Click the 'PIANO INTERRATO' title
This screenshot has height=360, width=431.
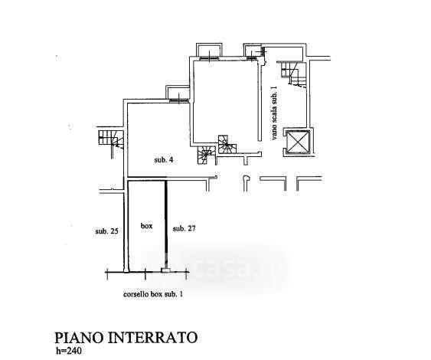click(126, 338)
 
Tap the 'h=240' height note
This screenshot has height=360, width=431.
click(69, 352)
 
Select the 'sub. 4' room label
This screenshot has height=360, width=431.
click(164, 160)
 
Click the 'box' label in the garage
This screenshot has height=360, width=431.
click(146, 226)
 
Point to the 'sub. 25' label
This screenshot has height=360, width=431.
click(107, 231)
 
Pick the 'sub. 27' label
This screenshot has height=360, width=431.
click(184, 228)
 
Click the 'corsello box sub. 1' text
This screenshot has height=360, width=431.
click(153, 294)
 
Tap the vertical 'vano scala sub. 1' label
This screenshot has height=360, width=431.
click(274, 113)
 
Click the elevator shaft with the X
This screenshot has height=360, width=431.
click(298, 142)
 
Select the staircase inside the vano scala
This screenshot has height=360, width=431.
click(293, 74)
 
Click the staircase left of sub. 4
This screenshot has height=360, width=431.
click(111, 139)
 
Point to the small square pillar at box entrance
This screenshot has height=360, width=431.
click(165, 270)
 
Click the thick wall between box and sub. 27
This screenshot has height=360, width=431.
click(166, 224)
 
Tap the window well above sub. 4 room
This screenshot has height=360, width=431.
click(178, 93)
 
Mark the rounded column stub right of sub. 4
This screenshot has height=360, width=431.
click(247, 182)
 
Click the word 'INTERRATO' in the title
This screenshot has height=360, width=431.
click(152, 338)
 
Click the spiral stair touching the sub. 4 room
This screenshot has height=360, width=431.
click(204, 155)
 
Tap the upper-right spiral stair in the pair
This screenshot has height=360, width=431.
click(227, 144)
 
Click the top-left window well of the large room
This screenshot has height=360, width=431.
click(209, 51)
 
